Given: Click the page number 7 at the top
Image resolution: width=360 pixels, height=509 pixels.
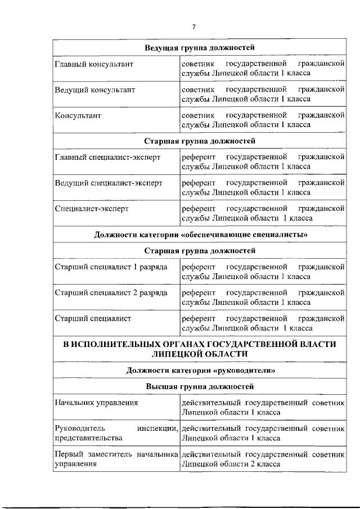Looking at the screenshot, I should [193, 26].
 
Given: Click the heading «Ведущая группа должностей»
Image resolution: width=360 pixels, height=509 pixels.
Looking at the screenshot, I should [200, 47].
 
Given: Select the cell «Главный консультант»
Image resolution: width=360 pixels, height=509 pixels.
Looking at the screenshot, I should [94, 64].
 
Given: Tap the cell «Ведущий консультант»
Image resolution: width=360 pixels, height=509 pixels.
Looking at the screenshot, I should [94, 89].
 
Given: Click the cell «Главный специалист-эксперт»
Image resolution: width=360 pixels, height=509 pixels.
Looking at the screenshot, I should [107, 157].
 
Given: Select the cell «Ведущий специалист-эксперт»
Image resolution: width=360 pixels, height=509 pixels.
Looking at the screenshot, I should [108, 183].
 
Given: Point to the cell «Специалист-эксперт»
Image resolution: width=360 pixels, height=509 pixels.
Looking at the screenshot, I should [92, 208].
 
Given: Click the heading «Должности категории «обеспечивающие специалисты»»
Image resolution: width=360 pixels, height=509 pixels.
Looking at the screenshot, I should [200, 234].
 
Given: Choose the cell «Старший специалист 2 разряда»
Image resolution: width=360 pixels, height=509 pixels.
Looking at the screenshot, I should [111, 293].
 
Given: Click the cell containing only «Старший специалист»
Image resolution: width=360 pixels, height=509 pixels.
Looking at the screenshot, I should [93, 318].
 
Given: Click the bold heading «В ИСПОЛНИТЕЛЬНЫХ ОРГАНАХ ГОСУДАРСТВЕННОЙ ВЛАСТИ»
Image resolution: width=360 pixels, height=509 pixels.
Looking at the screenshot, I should [200, 344].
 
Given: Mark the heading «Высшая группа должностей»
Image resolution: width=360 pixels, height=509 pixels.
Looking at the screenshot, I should [200, 386].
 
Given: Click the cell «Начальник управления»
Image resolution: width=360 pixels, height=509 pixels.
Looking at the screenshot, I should [96, 403].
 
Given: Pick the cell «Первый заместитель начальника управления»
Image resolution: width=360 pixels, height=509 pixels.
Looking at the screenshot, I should [116, 459].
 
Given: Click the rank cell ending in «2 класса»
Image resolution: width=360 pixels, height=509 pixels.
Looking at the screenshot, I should [263, 459].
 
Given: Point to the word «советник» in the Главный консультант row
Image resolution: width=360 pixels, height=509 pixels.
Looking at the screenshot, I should [196, 64].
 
